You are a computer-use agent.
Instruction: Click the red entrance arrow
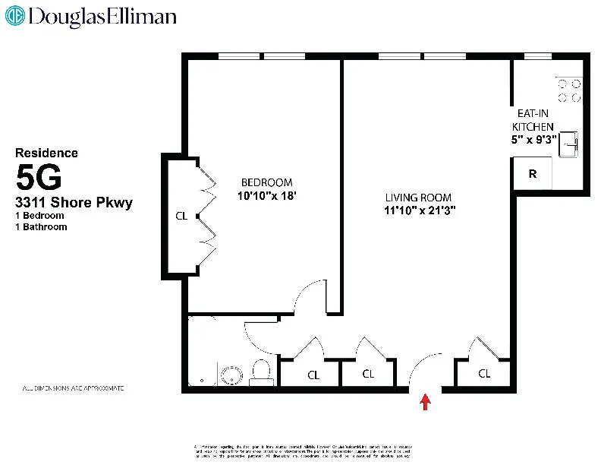pyautogui.click(x=426, y=402)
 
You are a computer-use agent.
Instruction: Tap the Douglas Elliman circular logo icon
pyautogui.click(x=15, y=17)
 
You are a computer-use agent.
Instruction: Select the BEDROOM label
pyautogui.click(x=266, y=182)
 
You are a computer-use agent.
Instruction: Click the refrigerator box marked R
pyautogui.click(x=533, y=174)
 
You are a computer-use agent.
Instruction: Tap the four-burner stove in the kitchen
pyautogui.click(x=569, y=91)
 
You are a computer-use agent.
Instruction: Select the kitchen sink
pyautogui.click(x=570, y=144)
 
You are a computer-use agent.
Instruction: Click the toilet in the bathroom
pyautogui.click(x=261, y=372)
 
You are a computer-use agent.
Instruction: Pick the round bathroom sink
pyautogui.click(x=231, y=375)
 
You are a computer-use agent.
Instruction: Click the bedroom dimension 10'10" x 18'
pyautogui.click(x=266, y=195)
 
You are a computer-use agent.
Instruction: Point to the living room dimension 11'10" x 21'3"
pyautogui.click(x=419, y=210)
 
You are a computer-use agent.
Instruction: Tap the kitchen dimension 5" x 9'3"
pyautogui.click(x=534, y=139)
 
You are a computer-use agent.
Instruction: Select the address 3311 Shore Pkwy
pyautogui.click(x=74, y=202)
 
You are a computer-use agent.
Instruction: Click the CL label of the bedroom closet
pyautogui.click(x=181, y=216)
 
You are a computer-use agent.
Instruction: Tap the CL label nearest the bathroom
pyautogui.click(x=313, y=374)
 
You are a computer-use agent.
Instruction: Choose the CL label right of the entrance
pyautogui.click(x=484, y=374)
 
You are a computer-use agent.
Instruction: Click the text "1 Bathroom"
pyautogui.click(x=42, y=226)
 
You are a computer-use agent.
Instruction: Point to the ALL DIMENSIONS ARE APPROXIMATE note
pyautogui.click(x=73, y=388)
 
